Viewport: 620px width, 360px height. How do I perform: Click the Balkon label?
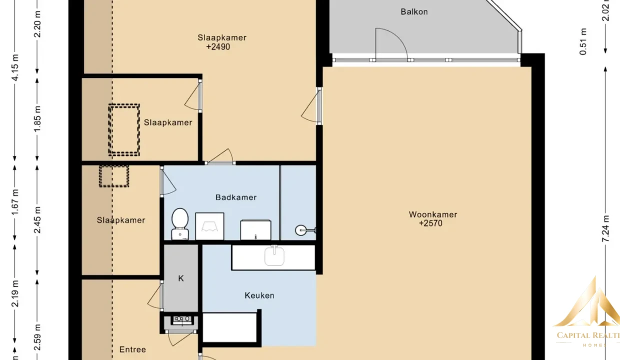pyautogui.click(x=414, y=11)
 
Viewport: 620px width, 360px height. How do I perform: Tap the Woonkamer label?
pyautogui.click(x=433, y=214)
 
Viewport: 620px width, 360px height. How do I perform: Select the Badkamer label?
pyautogui.click(x=236, y=197)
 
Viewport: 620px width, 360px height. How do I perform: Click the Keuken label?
pyautogui.click(x=259, y=295)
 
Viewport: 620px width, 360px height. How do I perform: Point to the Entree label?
pyautogui.click(x=132, y=349)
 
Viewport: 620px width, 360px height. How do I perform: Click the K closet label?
pyautogui.click(x=180, y=278)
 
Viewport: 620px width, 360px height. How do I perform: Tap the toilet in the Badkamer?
pyautogui.click(x=180, y=224)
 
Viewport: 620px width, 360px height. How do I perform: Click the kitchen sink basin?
pyautogui.click(x=274, y=256)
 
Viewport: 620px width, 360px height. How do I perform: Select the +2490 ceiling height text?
pyautogui.click(x=218, y=47)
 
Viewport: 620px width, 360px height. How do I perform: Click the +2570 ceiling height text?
pyautogui.click(x=430, y=223)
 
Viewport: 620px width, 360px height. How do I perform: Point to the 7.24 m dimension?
pyautogui.click(x=605, y=228)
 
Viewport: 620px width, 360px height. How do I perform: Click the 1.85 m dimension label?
pyautogui.click(x=37, y=118)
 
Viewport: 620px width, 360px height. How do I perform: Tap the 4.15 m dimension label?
pyautogui.click(x=14, y=68)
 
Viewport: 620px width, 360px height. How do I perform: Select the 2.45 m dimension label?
pyautogui.click(x=37, y=219)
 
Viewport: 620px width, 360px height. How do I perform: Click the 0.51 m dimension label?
pyautogui.click(x=583, y=41)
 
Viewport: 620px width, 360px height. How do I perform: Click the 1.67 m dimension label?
pyautogui.click(x=14, y=202)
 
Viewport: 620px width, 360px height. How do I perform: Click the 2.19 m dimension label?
pyautogui.click(x=14, y=293)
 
